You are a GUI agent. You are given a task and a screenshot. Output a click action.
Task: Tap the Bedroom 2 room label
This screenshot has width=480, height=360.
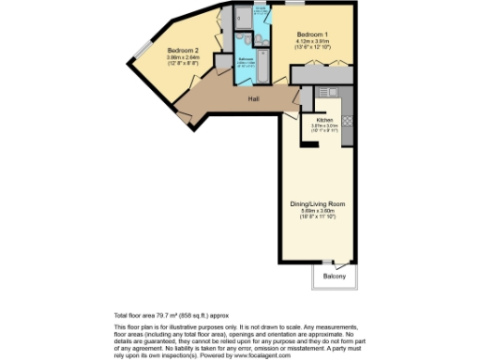click(183, 50)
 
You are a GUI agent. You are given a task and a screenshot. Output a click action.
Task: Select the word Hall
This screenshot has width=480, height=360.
click(253, 97)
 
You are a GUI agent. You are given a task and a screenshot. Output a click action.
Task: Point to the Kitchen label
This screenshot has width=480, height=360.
click(324, 120)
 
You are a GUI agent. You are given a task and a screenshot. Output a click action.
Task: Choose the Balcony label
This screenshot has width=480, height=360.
click(335, 276)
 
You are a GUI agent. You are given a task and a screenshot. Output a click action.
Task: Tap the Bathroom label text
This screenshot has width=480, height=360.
click(247, 59)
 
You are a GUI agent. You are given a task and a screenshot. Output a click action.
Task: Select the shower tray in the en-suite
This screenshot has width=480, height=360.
click(242, 16)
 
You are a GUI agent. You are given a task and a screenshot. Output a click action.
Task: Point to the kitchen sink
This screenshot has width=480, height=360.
click(329, 92)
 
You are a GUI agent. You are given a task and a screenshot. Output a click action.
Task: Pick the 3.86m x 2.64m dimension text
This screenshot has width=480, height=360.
click(183, 56)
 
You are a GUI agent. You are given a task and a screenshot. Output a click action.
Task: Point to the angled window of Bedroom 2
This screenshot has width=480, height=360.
click(145, 48)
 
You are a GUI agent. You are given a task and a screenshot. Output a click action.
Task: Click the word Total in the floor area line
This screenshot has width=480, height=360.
click(122, 315)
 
